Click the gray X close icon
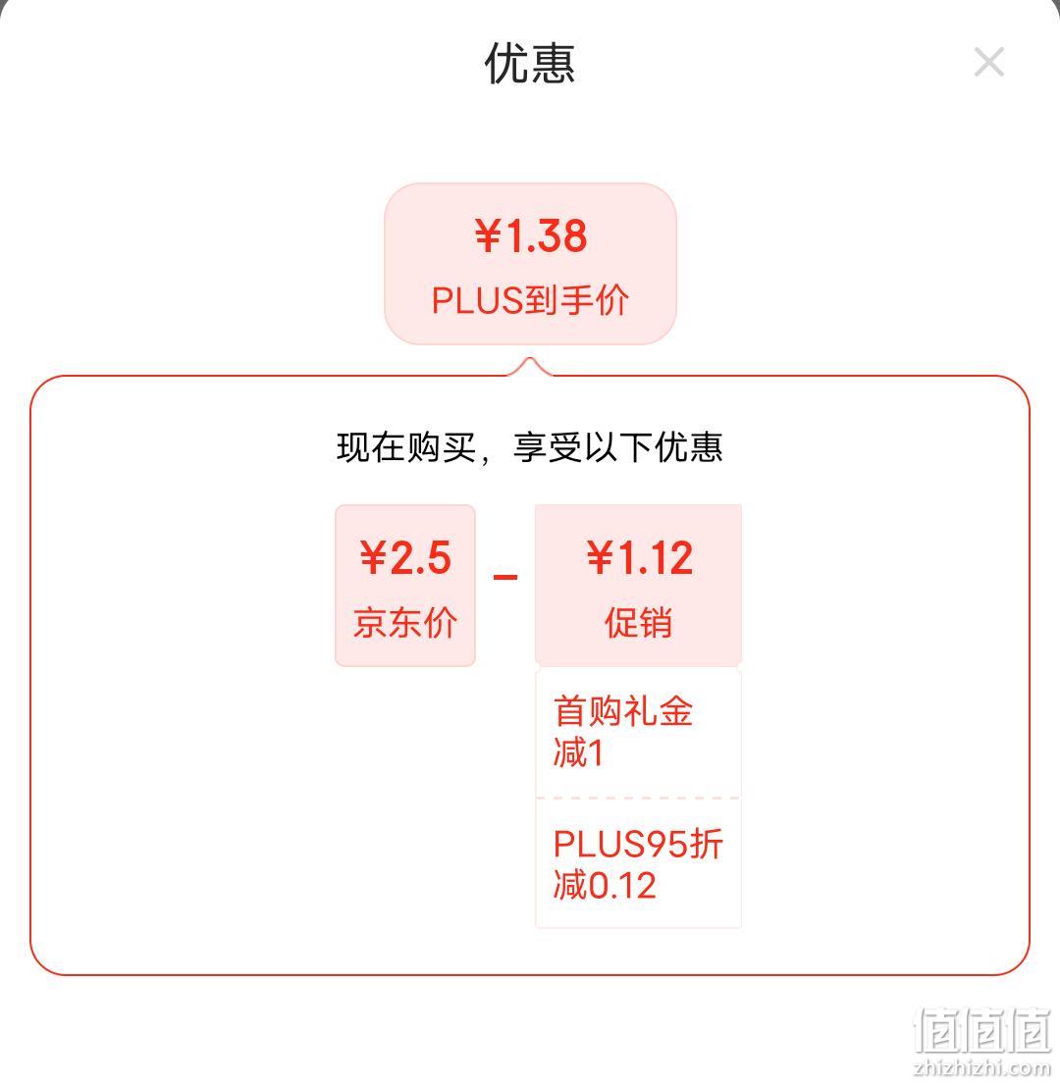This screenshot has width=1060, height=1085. point(988,62)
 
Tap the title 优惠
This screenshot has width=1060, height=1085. point(530,63)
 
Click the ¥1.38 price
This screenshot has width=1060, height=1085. point(530,235)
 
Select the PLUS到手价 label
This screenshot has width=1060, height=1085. point(530,300)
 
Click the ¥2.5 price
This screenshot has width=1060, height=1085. point(405,558)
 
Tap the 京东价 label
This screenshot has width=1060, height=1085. point(405,621)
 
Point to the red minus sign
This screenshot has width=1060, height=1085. point(505,577)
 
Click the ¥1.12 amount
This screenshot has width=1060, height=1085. point(639,558)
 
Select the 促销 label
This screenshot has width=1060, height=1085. point(638,621)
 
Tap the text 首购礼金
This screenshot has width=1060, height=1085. point(623,710)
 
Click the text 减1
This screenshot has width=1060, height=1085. point(579,752)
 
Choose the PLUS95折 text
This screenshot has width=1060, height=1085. point(638,844)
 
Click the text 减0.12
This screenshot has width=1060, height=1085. point(605,885)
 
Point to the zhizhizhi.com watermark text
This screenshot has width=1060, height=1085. point(981,1067)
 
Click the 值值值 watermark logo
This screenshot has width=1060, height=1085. point(983,1031)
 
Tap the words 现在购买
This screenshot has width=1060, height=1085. point(406,447)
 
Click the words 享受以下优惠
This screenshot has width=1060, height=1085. point(617,447)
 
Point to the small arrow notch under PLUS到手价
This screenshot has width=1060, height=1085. point(530,366)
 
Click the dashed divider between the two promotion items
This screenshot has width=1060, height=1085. point(638,798)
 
